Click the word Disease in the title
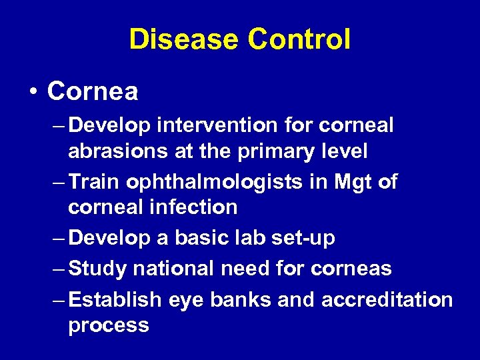tap(183, 39)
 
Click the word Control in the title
tap(299, 39)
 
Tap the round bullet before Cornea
tap(33, 92)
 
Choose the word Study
tap(99, 269)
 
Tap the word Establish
tap(115, 300)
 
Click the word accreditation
tap(387, 300)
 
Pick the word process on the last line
tap(109, 326)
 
